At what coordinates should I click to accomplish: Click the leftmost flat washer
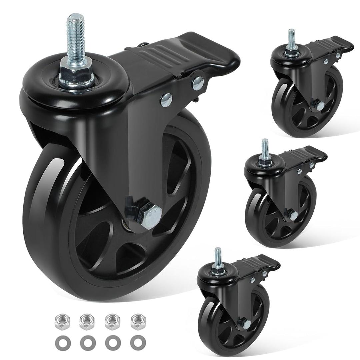point(61,343)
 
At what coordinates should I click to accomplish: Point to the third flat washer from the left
point(111,343)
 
